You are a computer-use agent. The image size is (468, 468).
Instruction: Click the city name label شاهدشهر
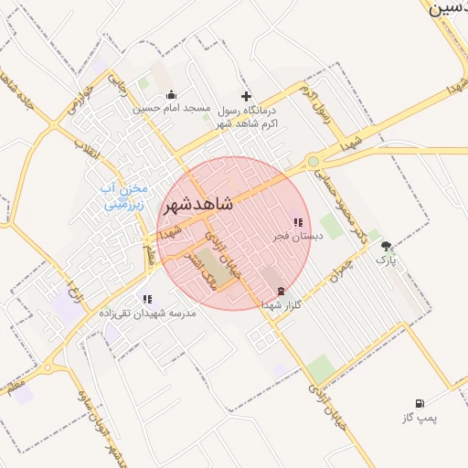click(197, 205)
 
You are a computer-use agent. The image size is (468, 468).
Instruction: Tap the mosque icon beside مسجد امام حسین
click(171, 95)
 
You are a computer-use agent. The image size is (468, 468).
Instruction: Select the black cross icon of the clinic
click(245, 96)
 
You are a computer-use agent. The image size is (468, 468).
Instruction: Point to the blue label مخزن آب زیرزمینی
click(123, 196)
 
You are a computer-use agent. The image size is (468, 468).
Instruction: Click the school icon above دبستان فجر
click(298, 222)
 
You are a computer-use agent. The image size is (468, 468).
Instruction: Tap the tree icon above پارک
click(387, 246)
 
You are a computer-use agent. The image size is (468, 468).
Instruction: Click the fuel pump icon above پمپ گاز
click(420, 403)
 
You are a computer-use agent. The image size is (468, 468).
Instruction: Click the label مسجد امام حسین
click(173, 109)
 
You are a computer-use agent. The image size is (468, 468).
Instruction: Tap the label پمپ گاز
click(420, 418)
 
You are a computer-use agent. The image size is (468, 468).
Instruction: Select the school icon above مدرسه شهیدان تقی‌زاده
click(147, 299)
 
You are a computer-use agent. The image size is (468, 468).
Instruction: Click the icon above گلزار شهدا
click(280, 292)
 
